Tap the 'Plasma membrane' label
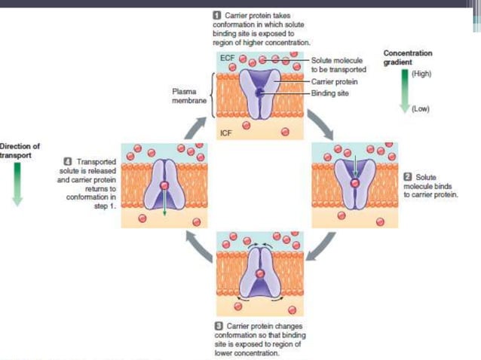click(x=185, y=96)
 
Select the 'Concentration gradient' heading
click(x=407, y=58)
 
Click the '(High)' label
click(x=420, y=74)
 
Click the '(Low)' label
click(x=419, y=108)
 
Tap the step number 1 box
click(x=218, y=15)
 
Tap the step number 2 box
click(x=408, y=175)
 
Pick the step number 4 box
click(x=69, y=161)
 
